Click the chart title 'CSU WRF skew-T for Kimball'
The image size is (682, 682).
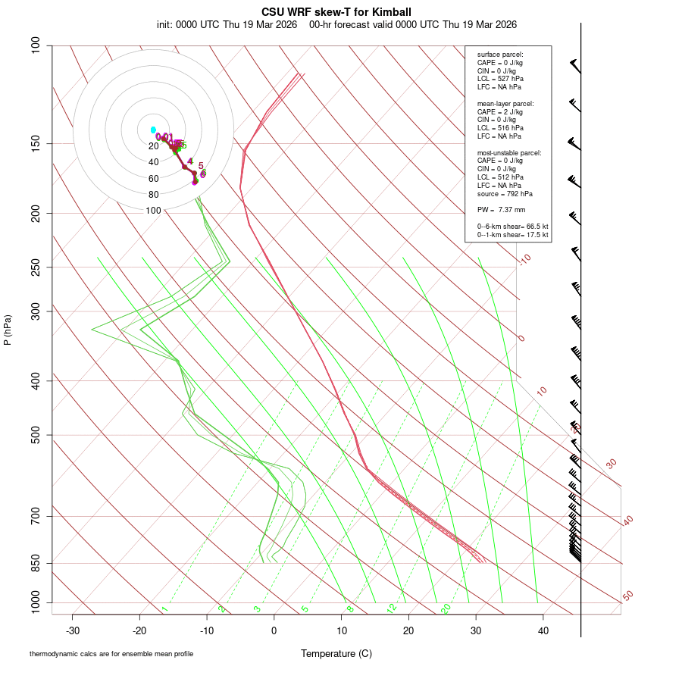click(336, 12)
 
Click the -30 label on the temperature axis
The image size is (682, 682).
click(73, 630)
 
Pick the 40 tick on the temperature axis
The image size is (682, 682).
click(543, 630)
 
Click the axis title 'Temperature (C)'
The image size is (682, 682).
click(336, 653)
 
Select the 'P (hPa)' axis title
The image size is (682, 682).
click(8, 330)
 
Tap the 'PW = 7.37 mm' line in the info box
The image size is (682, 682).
click(501, 210)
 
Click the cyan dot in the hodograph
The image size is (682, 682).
click(153, 130)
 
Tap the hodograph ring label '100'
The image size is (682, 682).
click(154, 211)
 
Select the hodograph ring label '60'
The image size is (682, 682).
click(154, 179)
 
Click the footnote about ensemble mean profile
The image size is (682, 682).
click(111, 654)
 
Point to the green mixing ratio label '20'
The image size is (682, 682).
click(446, 608)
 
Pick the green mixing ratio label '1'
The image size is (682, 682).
click(164, 609)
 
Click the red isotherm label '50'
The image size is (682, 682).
click(627, 596)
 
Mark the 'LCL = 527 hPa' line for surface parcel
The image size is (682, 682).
click(500, 79)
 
